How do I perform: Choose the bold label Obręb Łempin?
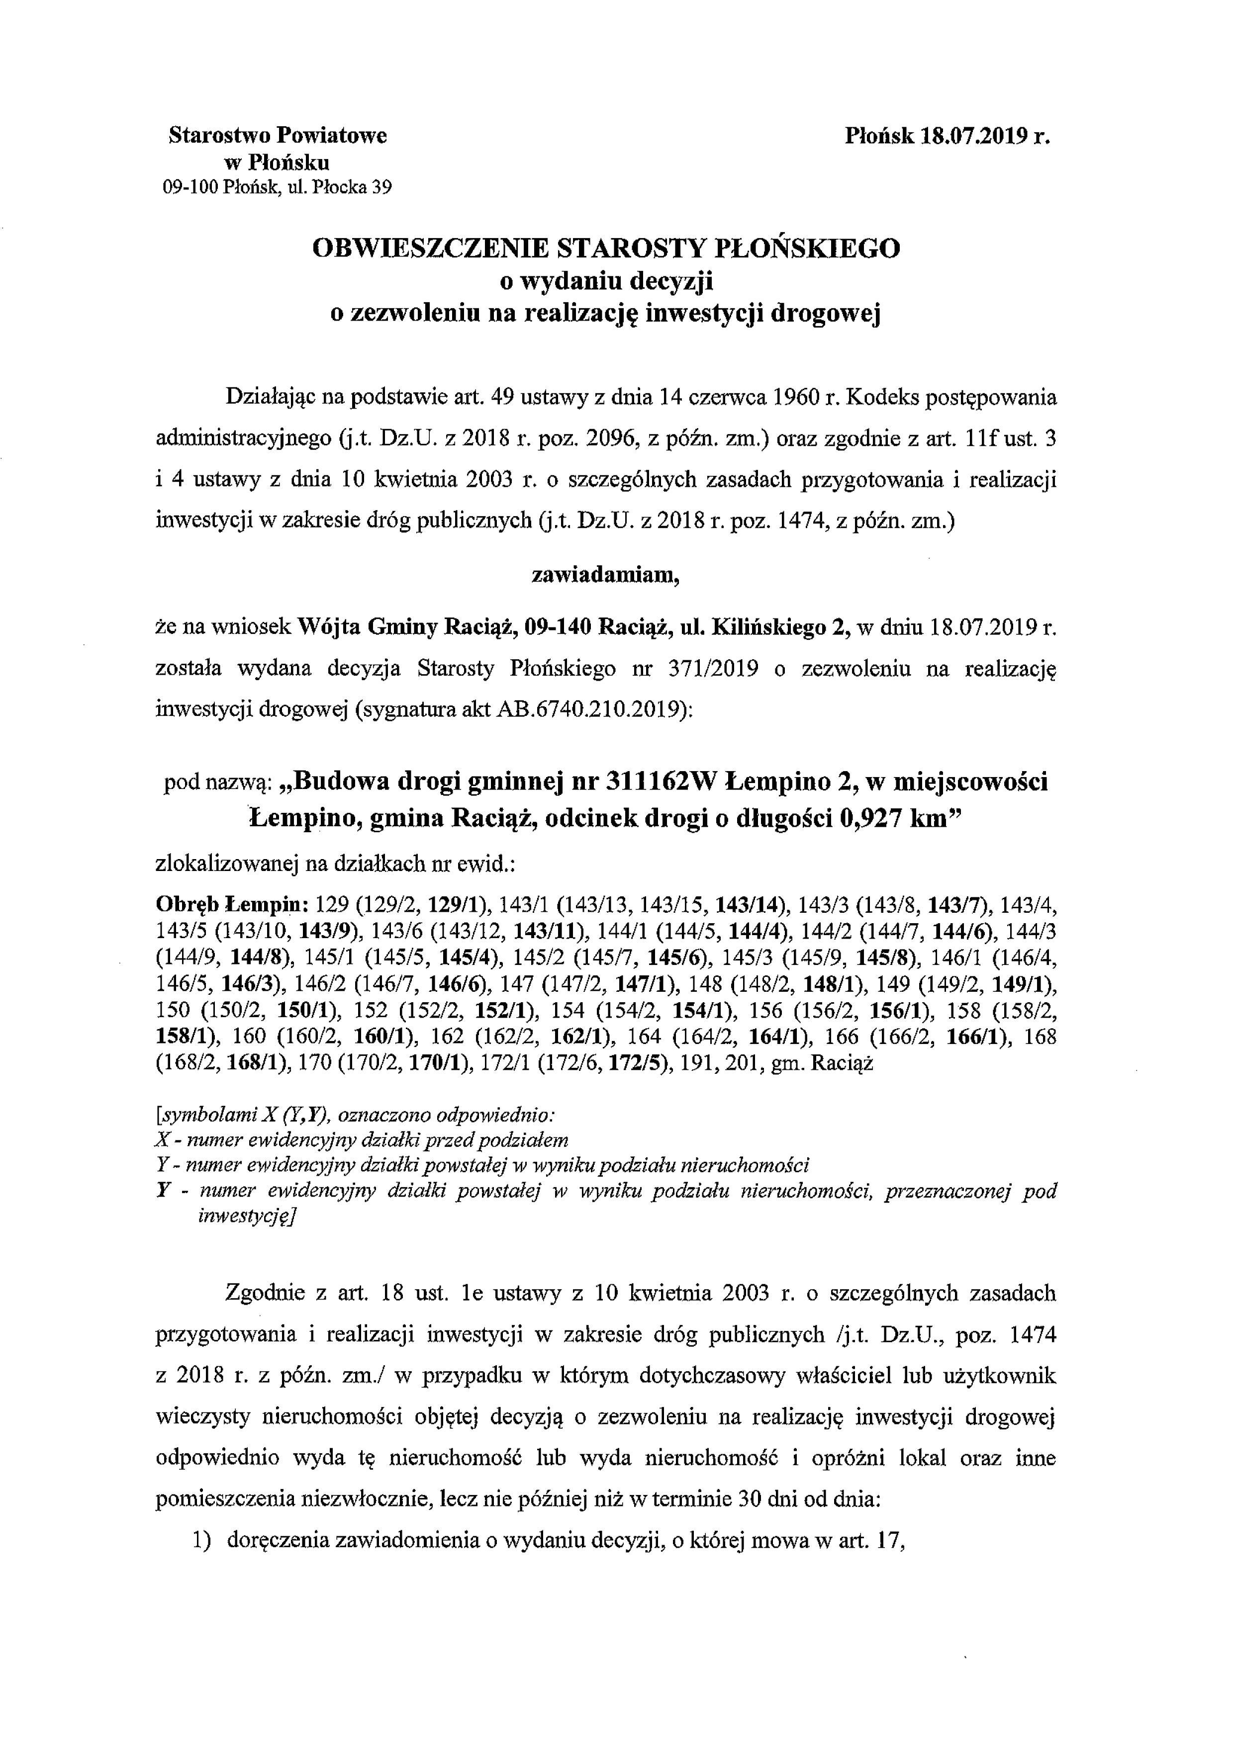[x=231, y=905]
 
